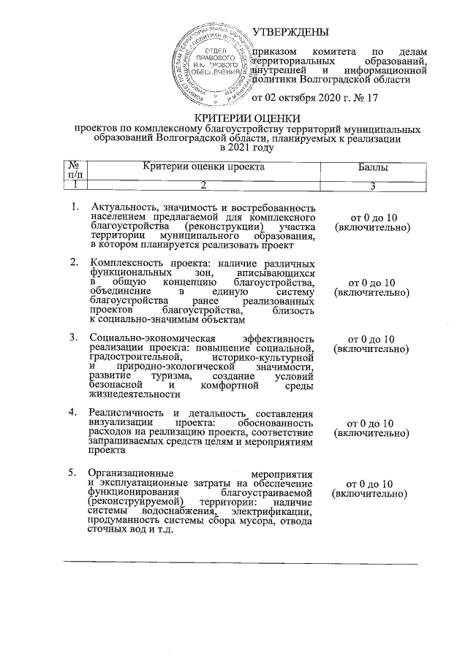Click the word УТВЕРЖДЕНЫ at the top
pyautogui.click(x=290, y=31)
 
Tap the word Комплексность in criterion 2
pyautogui.click(x=124, y=261)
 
